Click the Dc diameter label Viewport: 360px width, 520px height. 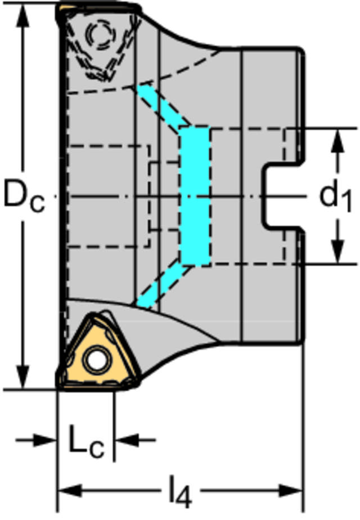point(24,198)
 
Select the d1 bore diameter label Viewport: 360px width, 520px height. point(335,198)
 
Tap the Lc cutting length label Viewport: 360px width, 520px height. point(86,441)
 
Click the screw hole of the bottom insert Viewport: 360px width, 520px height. point(96,359)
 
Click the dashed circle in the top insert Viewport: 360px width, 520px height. point(101,33)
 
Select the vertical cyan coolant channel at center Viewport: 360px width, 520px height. point(195,196)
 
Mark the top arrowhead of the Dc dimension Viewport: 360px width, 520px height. point(22,16)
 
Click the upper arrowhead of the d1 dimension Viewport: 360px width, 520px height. point(337,141)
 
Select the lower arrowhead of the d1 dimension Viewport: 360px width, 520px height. point(337,252)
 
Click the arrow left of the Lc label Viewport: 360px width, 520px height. point(37,441)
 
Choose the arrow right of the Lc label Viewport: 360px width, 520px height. point(135,441)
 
